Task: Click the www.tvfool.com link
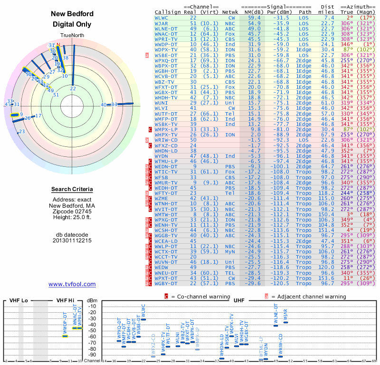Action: [72, 284]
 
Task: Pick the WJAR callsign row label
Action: [161, 23]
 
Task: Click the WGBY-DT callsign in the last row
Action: [166, 283]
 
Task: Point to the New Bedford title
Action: [72, 14]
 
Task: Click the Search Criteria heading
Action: [72, 190]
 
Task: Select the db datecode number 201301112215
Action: [72, 240]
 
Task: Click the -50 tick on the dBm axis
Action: [92, 330]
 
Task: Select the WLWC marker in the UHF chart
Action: [143, 319]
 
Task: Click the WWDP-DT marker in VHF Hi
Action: [65, 336]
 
